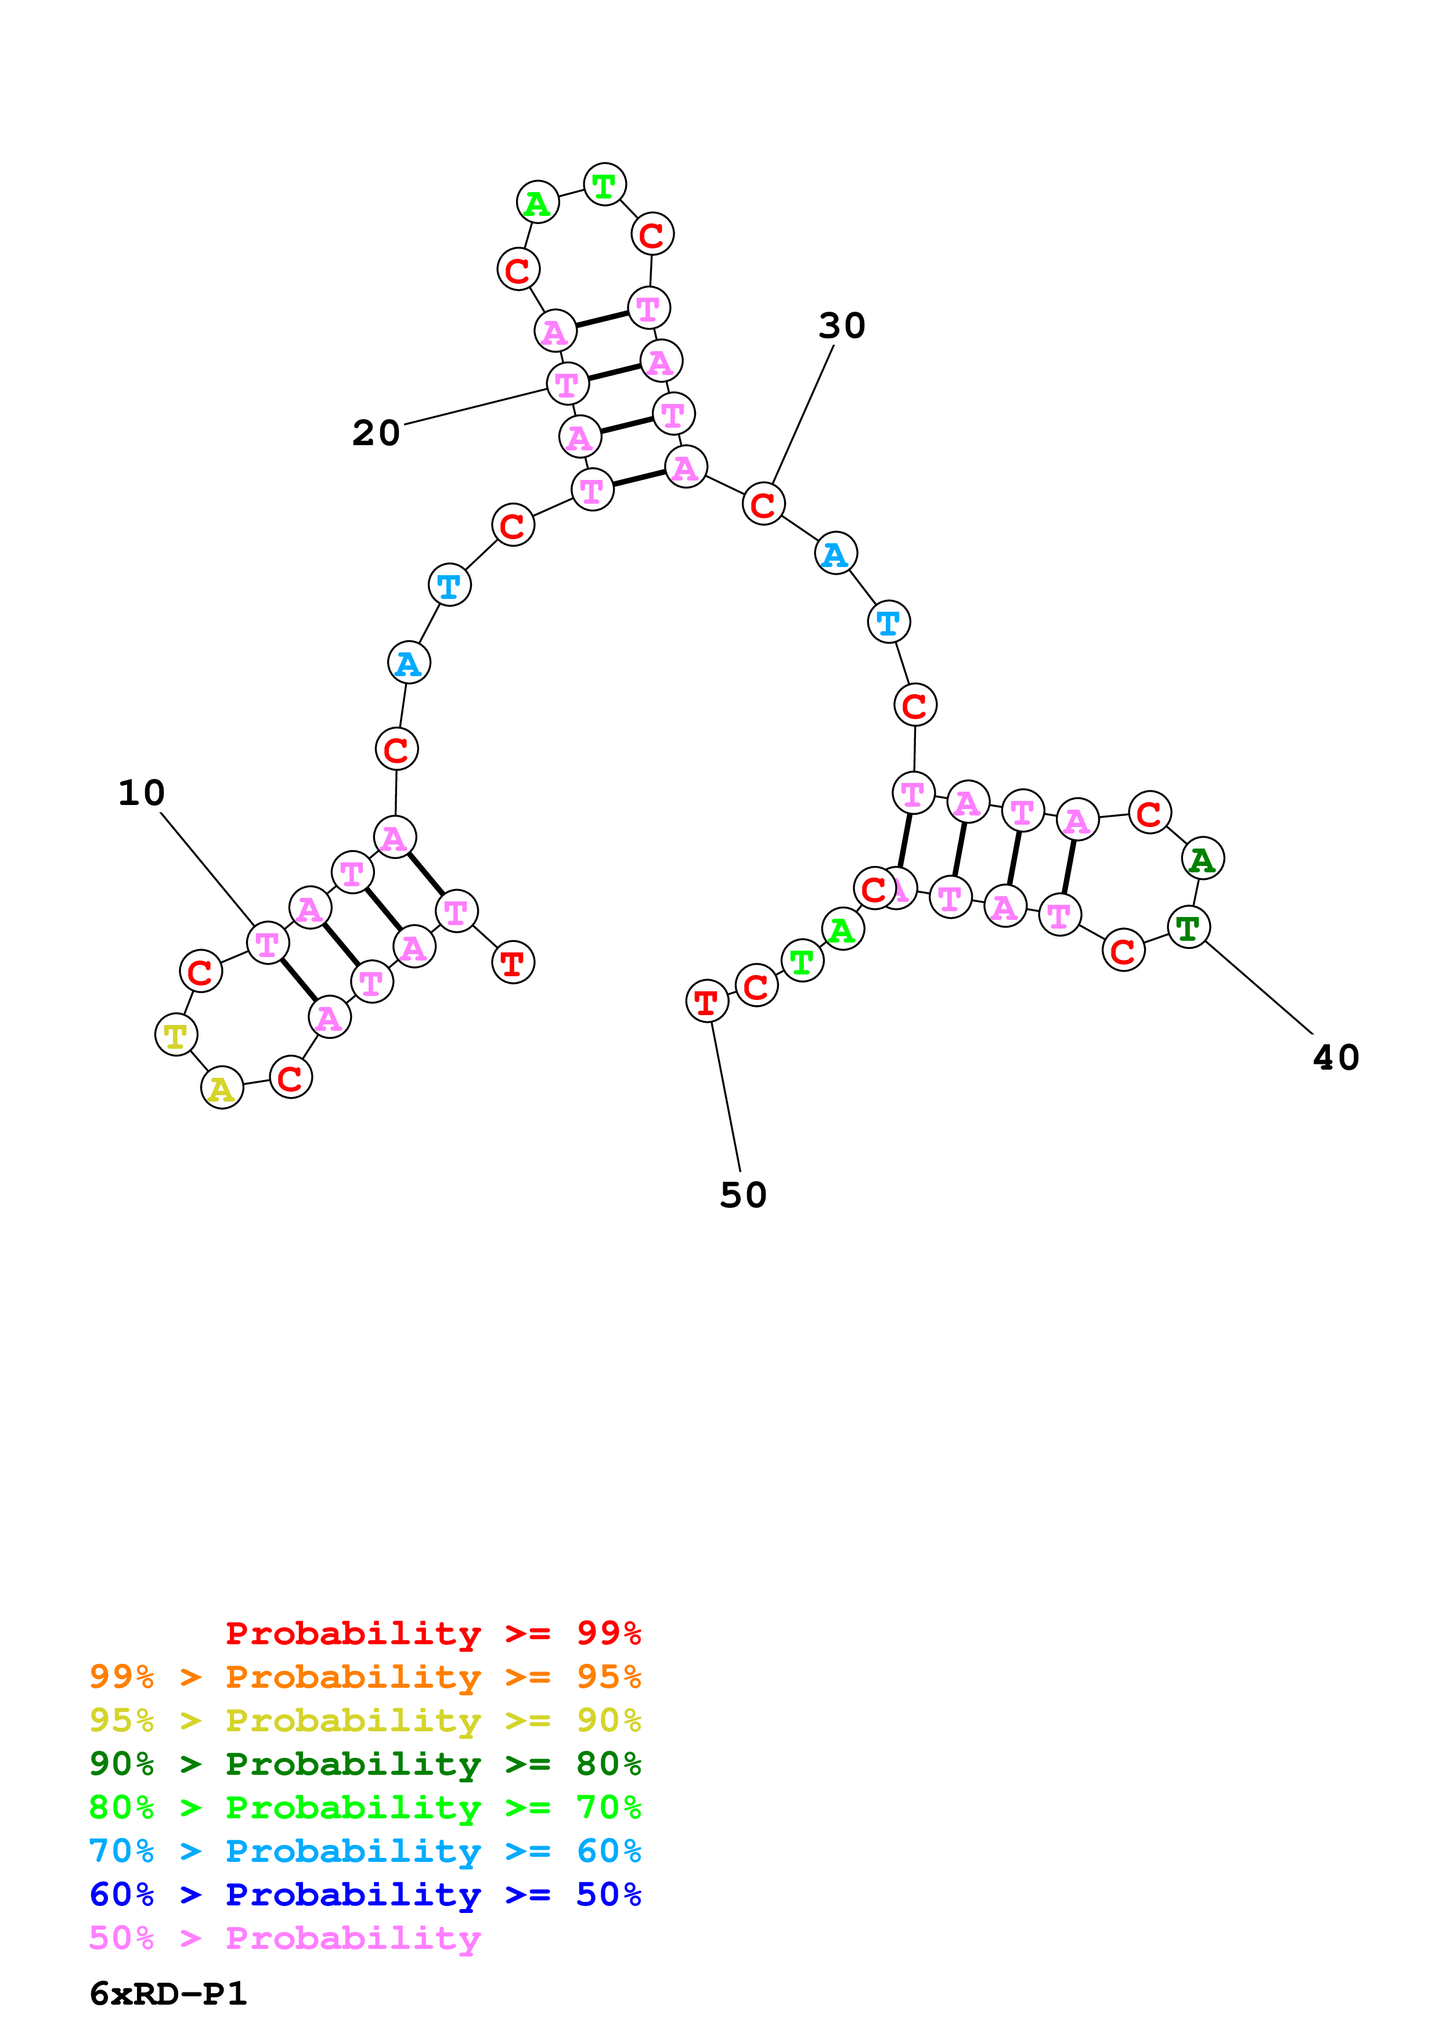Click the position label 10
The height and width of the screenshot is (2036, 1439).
(x=142, y=793)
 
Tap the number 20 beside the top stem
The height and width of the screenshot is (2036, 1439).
(x=376, y=433)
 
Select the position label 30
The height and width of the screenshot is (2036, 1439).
(x=842, y=326)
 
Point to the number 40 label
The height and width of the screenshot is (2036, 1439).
(x=1335, y=1058)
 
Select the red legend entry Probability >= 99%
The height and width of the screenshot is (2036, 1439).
(x=432, y=1633)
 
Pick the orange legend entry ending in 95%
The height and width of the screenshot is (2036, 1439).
(x=365, y=1676)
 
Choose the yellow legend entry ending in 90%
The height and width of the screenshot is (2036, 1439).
(x=365, y=1720)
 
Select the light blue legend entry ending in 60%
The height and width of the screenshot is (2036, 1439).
(x=365, y=1851)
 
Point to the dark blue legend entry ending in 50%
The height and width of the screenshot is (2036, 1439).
(x=365, y=1894)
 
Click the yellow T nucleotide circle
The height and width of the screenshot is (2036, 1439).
(x=175, y=1035)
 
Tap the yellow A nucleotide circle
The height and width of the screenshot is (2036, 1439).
(x=222, y=1088)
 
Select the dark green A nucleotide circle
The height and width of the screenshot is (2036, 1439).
(x=1202, y=858)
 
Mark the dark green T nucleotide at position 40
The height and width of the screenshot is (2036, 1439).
(x=1188, y=927)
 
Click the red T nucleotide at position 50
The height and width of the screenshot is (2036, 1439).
(x=706, y=1002)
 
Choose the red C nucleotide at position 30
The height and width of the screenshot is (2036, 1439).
(x=763, y=504)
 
